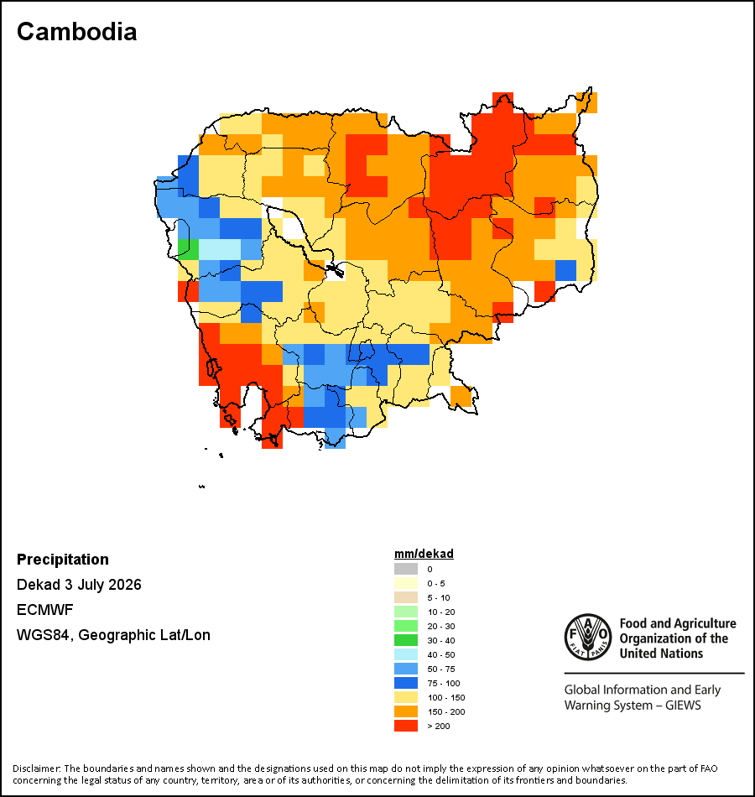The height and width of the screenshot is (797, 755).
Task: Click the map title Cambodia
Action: pos(77,32)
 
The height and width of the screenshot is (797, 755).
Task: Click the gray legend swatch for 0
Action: pos(406,569)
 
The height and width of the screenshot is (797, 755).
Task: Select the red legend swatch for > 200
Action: pos(406,726)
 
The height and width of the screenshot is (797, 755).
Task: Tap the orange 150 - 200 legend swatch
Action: pos(406,711)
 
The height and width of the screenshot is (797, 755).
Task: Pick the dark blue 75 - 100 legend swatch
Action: pos(406,683)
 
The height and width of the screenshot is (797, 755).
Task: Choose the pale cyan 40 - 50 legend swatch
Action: pos(406,654)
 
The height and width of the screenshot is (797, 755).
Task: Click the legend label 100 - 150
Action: pos(446,697)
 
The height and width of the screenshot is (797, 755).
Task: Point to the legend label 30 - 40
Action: pos(440,640)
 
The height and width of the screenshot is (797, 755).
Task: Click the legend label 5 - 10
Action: pos(438,597)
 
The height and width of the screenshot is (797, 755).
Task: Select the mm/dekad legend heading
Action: pos(424,554)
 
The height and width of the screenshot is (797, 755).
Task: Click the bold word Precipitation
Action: pos(63,559)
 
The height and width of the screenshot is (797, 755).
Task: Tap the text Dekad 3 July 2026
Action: pos(79,585)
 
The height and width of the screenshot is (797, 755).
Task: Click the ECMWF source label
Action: pos(44,609)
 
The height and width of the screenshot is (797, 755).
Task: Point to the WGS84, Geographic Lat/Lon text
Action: pos(113,635)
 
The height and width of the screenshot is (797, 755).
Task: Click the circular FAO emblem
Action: pos(588,637)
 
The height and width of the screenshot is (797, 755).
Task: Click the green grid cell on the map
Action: pos(188,249)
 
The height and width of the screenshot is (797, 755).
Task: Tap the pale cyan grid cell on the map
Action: pos(220,249)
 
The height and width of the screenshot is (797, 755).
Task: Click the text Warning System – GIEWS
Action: pos(633,705)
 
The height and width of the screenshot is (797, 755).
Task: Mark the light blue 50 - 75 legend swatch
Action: pos(406,669)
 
